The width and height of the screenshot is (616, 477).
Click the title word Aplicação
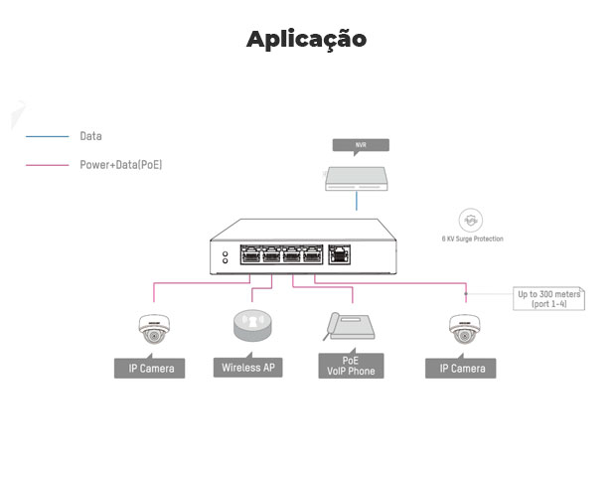click(x=307, y=40)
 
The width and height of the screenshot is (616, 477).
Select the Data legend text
click(x=90, y=136)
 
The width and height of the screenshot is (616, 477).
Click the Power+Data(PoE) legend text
click(x=120, y=164)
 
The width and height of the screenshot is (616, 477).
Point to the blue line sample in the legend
click(x=46, y=136)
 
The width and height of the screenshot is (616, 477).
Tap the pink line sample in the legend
click(x=46, y=164)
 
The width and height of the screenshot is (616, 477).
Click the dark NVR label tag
click(x=359, y=145)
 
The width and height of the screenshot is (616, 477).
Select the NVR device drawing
click(x=358, y=176)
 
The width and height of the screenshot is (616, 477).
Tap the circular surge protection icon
click(x=471, y=220)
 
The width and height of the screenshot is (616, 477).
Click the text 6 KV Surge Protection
click(x=472, y=239)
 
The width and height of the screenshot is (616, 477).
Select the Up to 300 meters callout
click(x=548, y=298)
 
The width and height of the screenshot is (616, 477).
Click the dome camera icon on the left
click(x=152, y=329)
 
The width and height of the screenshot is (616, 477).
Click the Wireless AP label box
click(x=247, y=369)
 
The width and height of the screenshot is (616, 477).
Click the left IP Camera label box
click(x=151, y=369)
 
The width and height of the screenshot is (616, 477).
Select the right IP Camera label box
click(x=461, y=369)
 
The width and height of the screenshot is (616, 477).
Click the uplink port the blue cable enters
click(x=340, y=254)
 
